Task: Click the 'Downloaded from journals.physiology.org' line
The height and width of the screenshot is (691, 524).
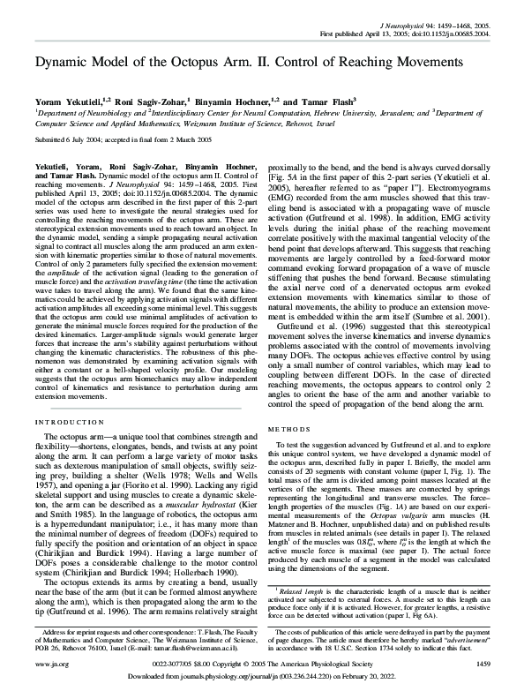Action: coord(261,679)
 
